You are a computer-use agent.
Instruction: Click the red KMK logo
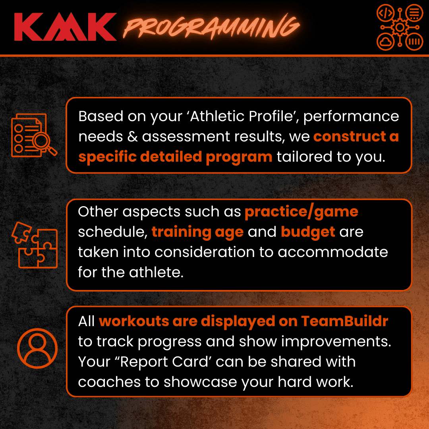click(x=66, y=27)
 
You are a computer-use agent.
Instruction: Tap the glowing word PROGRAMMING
click(x=211, y=27)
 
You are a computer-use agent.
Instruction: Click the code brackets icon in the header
click(x=385, y=13)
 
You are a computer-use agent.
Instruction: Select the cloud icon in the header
click(x=385, y=42)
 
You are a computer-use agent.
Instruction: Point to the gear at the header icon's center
click(x=400, y=27)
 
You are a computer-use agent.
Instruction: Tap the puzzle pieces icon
click(x=35, y=245)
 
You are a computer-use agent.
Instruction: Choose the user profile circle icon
click(x=37, y=348)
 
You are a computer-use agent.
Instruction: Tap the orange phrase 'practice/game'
click(x=301, y=212)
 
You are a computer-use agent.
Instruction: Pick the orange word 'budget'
click(x=308, y=232)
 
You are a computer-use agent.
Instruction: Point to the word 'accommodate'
click(x=333, y=252)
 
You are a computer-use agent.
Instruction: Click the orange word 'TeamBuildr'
click(x=344, y=321)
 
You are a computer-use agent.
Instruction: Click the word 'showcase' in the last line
click(x=200, y=382)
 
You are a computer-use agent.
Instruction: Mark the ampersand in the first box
click(x=132, y=137)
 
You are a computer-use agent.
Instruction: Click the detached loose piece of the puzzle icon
click(x=21, y=232)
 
